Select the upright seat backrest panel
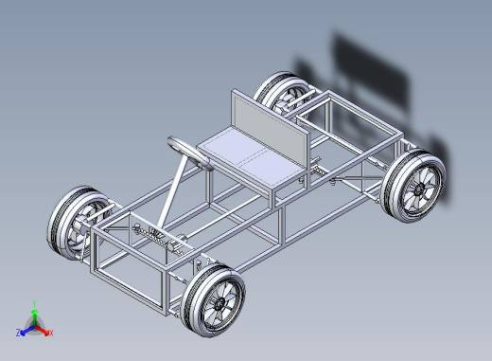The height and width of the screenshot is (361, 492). point(270,126)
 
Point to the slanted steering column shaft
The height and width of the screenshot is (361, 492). point(172,193)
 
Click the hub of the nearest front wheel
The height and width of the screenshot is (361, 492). point(219,305)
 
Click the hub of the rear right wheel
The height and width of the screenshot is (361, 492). point(419,190)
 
